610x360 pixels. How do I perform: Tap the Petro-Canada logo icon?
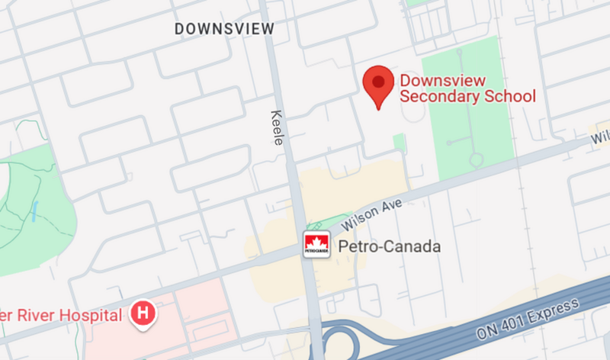[x=316, y=246]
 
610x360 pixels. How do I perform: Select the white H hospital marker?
[x=143, y=313]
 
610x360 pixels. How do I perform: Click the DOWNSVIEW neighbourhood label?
[x=224, y=29]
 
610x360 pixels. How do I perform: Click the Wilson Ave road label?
[x=361, y=215]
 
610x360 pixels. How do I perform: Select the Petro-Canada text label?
[x=378, y=247]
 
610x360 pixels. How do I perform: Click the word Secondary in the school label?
[x=441, y=97]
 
